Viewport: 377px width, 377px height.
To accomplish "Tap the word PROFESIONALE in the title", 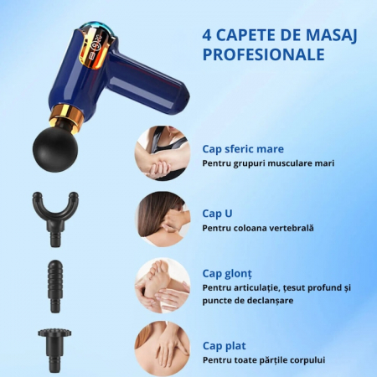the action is [x=263, y=54].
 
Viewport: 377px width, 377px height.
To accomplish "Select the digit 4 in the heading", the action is [x=207, y=35].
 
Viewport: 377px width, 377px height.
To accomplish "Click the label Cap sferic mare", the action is [x=243, y=149].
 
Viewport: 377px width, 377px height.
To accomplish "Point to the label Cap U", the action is [x=217, y=214].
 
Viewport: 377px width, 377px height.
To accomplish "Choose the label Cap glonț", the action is [x=227, y=274].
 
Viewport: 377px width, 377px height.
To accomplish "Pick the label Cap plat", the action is [x=225, y=346].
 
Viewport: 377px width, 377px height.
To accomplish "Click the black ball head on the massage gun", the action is [x=55, y=149].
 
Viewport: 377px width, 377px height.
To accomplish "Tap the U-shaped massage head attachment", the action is [x=55, y=219].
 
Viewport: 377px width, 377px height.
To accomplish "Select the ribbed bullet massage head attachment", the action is [x=55, y=287].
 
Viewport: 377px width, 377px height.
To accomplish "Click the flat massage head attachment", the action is [x=54, y=350].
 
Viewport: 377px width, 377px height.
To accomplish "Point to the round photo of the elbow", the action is [x=163, y=153].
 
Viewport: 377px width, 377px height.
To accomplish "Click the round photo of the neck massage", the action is [x=163, y=219].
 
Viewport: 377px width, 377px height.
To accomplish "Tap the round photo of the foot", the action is [x=163, y=285].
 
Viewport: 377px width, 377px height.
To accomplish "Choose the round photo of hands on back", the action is [x=163, y=349].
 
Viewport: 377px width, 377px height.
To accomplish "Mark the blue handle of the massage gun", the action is [x=148, y=79].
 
